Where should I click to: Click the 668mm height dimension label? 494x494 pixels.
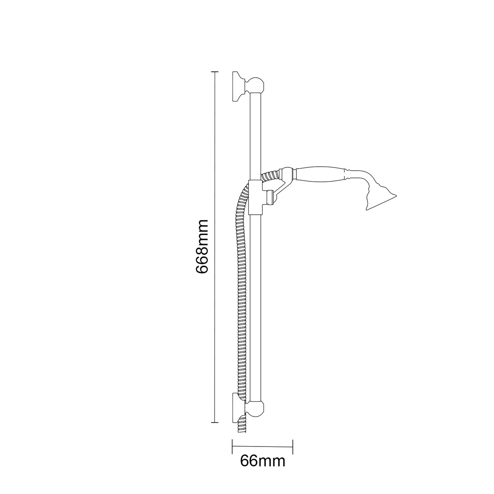tap(202, 247)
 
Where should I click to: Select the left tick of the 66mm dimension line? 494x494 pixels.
tap(232, 446)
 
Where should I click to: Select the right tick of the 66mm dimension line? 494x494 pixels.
tap(293, 446)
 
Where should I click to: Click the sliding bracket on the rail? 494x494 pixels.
tap(255, 197)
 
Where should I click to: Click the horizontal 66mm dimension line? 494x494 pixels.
tap(262, 446)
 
